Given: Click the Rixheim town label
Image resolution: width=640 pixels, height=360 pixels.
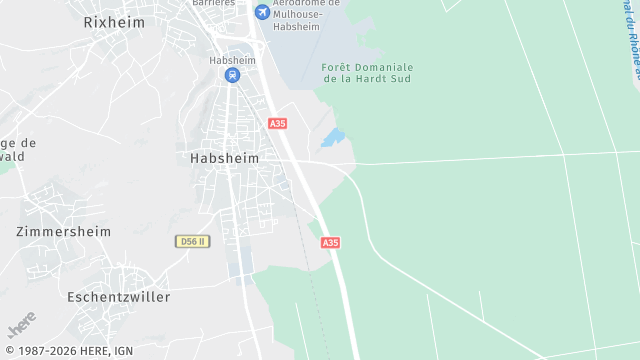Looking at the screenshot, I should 114,21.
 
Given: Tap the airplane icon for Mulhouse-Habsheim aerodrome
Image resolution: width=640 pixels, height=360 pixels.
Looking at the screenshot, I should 262,12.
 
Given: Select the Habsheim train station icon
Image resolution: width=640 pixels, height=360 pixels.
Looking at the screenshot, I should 232,75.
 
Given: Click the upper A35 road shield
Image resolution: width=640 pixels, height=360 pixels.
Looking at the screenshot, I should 277,123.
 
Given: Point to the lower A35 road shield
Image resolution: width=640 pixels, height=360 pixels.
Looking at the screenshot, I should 331,242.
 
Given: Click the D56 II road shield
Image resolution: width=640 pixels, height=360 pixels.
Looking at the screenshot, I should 190,241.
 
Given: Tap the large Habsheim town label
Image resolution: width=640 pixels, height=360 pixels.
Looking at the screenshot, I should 224,158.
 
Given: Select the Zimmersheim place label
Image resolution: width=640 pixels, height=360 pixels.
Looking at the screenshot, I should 63,231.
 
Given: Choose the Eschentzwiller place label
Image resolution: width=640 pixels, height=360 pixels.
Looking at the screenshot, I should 118,297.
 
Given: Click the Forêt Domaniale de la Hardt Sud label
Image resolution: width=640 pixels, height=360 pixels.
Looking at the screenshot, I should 367,72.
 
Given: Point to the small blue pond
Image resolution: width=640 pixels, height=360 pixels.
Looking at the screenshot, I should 333,137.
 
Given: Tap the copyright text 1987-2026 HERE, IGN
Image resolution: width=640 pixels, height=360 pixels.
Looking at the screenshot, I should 69,351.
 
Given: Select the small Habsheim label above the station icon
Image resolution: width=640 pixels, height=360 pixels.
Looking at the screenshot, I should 232,60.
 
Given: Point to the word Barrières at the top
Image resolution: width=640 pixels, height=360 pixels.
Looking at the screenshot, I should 215,3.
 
